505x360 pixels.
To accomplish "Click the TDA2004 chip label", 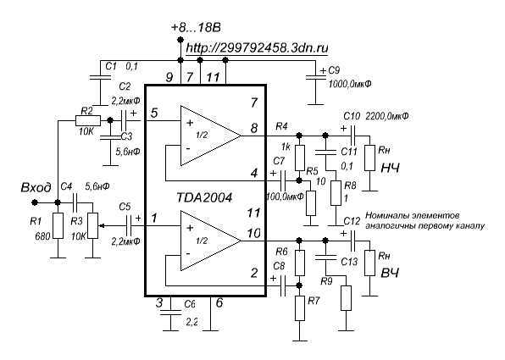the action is point(204,197).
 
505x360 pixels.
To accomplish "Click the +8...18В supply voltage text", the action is point(196,28).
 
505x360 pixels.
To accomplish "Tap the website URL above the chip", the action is point(257,48).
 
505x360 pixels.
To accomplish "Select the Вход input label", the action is point(36,187).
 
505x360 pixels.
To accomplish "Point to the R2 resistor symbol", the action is point(88,121).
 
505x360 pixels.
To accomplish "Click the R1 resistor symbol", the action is point(58,225).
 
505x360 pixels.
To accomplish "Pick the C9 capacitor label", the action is point(334,70).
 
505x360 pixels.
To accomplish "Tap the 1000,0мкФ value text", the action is point(349,85).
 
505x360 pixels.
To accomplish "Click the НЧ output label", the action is point(390,168).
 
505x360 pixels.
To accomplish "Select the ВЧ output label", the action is point(390,273).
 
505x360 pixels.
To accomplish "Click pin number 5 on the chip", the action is point(154,113).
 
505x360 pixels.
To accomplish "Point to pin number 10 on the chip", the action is point(254,233).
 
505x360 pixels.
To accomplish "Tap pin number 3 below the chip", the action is point(159,303).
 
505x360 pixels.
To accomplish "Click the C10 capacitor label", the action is point(352,116).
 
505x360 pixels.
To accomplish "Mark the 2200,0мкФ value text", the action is point(387,116).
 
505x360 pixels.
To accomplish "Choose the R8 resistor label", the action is point(350,186).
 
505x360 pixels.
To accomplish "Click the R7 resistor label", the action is point(314,301).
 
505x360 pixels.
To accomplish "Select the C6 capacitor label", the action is point(190,304).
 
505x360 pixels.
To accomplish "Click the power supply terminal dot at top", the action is point(180,40).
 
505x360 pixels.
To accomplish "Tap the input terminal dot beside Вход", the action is point(35,202).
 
